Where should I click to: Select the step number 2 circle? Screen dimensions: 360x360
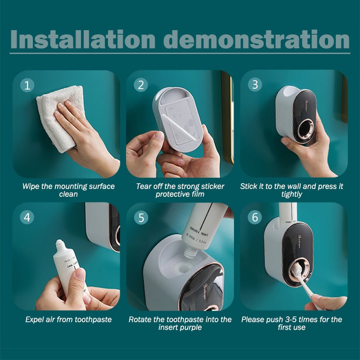pyautogui.click(x=141, y=85)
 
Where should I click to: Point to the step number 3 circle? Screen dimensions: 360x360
pyautogui.click(x=255, y=85)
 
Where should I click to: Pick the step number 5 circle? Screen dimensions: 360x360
pyautogui.click(x=141, y=217)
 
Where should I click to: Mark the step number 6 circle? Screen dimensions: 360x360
pyautogui.click(x=255, y=217)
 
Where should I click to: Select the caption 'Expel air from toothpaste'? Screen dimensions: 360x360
pyautogui.click(x=68, y=319)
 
